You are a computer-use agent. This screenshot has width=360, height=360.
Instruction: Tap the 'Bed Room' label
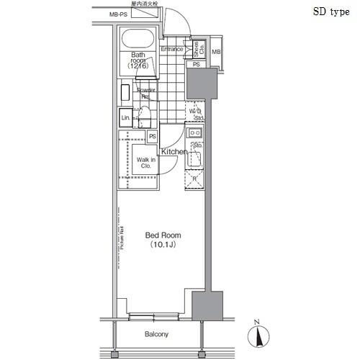tap(163, 235)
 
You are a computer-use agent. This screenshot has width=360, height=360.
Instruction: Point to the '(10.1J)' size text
tap(163, 245)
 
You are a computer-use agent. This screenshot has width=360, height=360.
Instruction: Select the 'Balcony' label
tap(156, 334)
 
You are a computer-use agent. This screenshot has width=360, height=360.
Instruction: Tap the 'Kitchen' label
tap(174, 152)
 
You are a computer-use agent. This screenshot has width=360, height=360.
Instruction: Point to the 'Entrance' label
tap(171, 49)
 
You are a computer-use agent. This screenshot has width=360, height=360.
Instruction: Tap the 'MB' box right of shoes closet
tap(215, 50)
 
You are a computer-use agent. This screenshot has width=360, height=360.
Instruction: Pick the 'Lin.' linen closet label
tap(125, 117)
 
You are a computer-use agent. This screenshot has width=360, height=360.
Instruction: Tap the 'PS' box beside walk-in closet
tap(153, 137)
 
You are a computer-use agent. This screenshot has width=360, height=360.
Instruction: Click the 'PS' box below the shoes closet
tap(196, 63)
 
